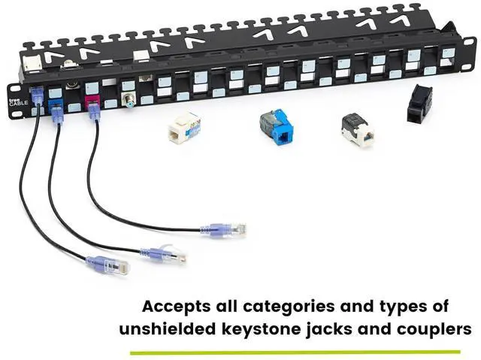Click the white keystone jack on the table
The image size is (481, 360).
(182, 127)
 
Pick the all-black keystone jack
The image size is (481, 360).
(416, 103)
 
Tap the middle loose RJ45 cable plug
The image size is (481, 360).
(166, 255)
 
